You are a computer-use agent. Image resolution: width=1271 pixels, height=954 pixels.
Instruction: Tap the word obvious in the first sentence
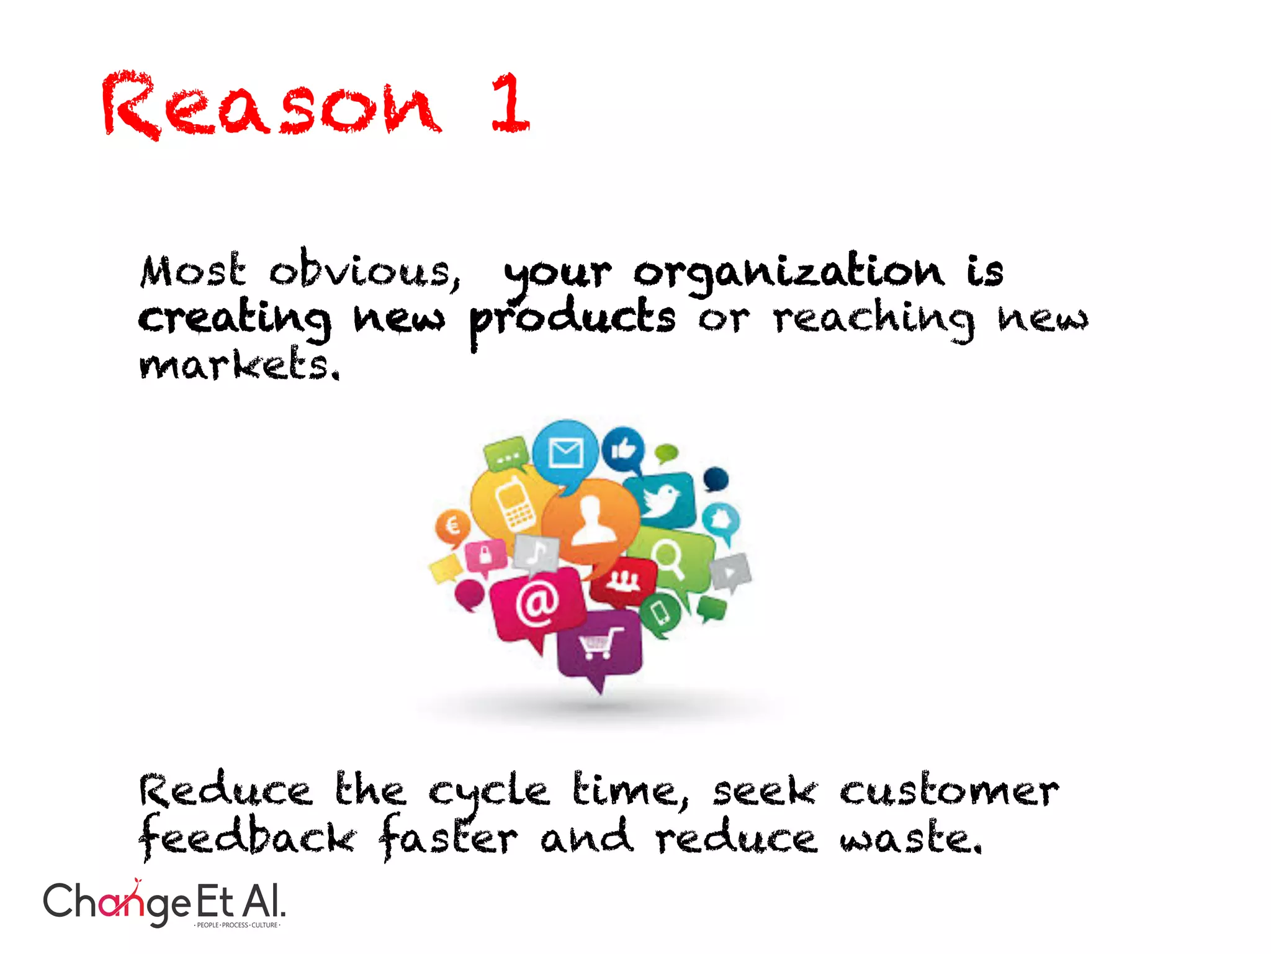(x=364, y=271)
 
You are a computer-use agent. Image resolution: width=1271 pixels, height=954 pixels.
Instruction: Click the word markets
(x=240, y=365)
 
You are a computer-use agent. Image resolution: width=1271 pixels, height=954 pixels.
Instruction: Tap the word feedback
(x=248, y=837)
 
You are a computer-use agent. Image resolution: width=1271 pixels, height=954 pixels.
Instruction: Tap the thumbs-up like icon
(x=623, y=448)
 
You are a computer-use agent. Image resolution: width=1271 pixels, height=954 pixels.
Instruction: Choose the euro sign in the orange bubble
(x=453, y=526)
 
